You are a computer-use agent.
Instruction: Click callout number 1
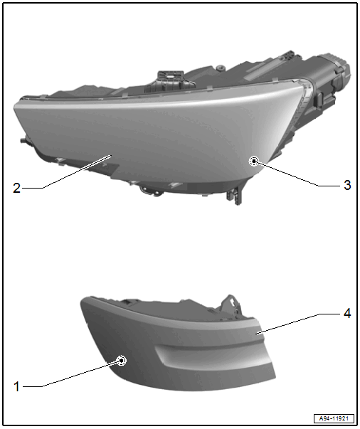click(x=16, y=386)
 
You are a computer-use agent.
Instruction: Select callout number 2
click(x=16, y=189)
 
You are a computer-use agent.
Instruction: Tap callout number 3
click(x=347, y=185)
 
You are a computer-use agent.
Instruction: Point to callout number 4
click(x=347, y=313)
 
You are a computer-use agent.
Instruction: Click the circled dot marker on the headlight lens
click(x=254, y=161)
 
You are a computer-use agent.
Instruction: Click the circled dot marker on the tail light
click(x=121, y=361)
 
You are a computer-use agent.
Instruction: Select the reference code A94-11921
click(x=334, y=418)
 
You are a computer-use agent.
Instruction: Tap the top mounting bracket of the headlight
click(x=170, y=80)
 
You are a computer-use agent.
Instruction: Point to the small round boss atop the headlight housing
click(x=219, y=68)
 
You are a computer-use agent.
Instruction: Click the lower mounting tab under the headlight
click(x=234, y=196)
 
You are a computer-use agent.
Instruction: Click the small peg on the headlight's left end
click(x=23, y=141)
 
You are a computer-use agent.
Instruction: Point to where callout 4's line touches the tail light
click(x=257, y=334)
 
